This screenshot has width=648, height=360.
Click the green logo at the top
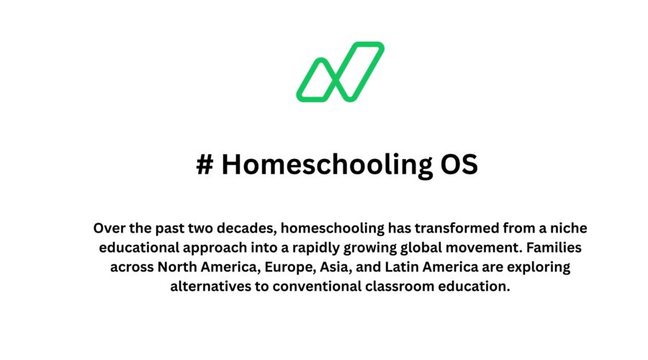(340, 71)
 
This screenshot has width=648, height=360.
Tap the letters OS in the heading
(459, 165)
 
